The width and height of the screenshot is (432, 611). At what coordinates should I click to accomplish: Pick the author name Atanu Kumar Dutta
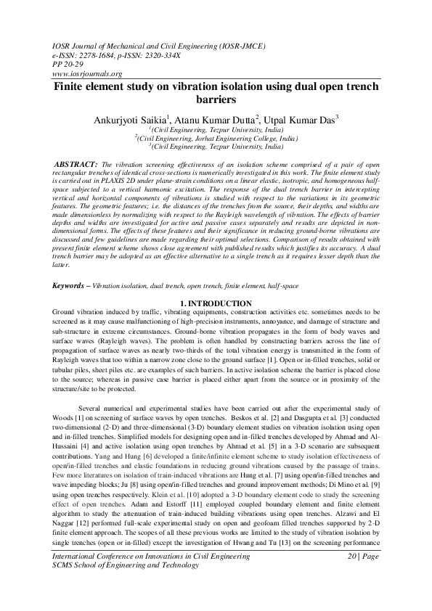(x=220, y=118)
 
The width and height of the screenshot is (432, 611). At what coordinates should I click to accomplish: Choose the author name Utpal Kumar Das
(x=304, y=118)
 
